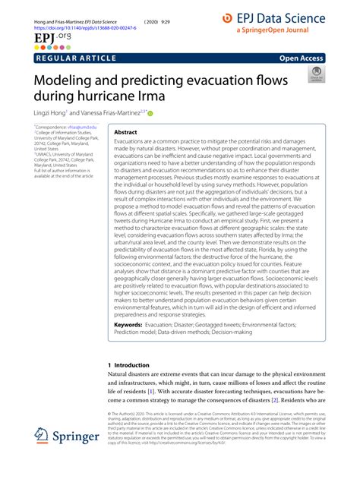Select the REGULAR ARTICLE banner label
tap(76, 58)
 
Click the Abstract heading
tap(126, 132)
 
